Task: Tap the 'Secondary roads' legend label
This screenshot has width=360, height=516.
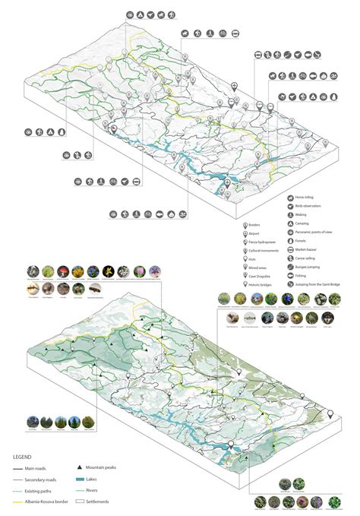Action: coord(43,479)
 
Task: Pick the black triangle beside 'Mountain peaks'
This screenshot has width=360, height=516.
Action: coord(80,467)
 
